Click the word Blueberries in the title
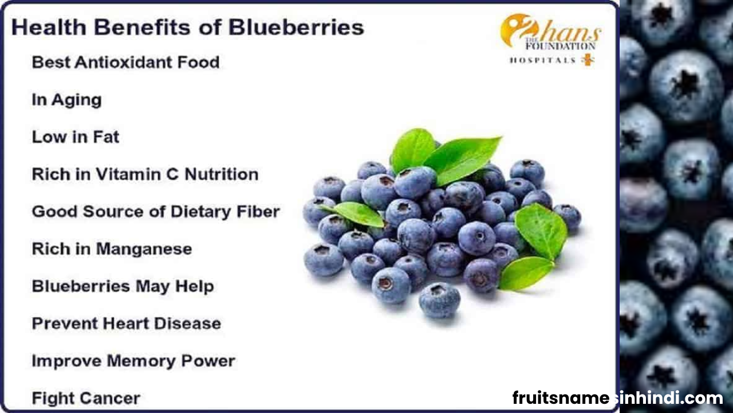pyautogui.click(x=296, y=27)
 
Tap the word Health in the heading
pyautogui.click(x=49, y=27)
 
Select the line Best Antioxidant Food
pyautogui.click(x=125, y=62)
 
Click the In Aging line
pyautogui.click(x=66, y=100)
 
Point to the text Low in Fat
pyautogui.click(x=75, y=137)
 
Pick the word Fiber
pyautogui.click(x=258, y=212)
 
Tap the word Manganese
pyautogui.click(x=144, y=249)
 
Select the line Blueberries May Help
pyautogui.click(x=123, y=286)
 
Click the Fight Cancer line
pyautogui.click(x=86, y=398)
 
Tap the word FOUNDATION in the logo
pyautogui.click(x=560, y=46)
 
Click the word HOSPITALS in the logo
pyautogui.click(x=542, y=60)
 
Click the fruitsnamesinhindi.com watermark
pyautogui.click(x=617, y=398)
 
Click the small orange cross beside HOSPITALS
pyautogui.click(x=588, y=60)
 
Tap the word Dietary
pyautogui.click(x=201, y=212)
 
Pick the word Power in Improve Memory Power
pyautogui.click(x=208, y=361)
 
